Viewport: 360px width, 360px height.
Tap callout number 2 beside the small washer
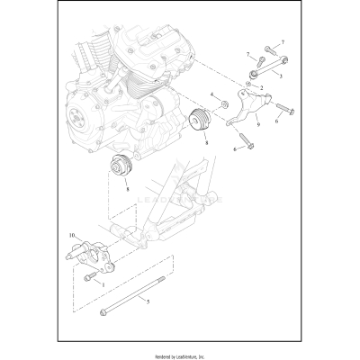pos(262,88)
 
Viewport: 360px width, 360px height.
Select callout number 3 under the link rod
pos(282,77)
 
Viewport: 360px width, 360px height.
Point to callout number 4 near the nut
pos(212,94)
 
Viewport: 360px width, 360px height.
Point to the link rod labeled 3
pos(266,65)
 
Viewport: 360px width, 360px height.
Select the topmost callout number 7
pos(281,42)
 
